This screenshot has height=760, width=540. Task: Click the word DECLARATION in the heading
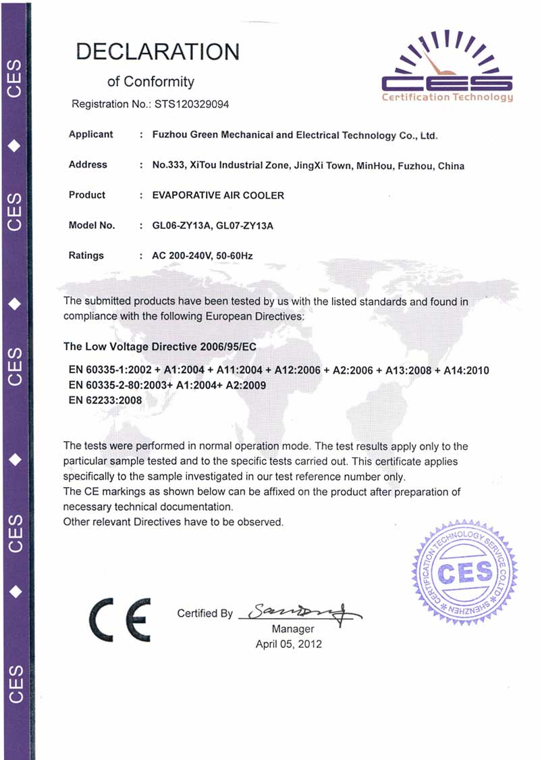(158, 52)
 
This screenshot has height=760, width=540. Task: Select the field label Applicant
(91, 134)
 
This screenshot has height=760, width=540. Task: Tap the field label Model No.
(92, 226)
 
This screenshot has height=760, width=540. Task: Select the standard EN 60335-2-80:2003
(128, 385)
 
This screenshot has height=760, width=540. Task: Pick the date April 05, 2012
(288, 644)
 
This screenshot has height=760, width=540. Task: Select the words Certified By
(205, 613)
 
